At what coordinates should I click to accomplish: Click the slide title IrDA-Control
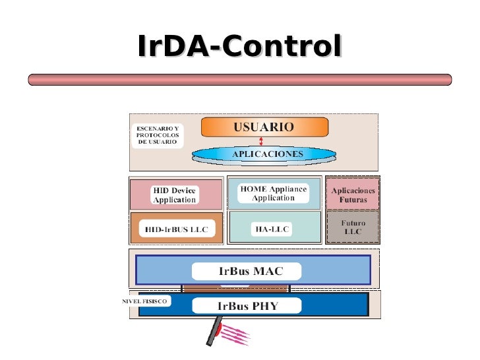click(x=240, y=47)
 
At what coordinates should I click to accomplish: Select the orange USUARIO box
click(x=264, y=127)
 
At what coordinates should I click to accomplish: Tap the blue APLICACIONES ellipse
click(x=264, y=154)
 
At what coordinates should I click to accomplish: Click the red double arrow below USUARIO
click(x=262, y=141)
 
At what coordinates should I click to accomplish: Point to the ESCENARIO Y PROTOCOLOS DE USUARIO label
click(x=157, y=135)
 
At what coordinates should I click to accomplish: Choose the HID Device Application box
click(x=175, y=195)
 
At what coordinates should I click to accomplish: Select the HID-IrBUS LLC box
click(x=175, y=228)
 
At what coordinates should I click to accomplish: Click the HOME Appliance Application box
click(x=273, y=193)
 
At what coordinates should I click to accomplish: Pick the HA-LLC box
click(x=273, y=228)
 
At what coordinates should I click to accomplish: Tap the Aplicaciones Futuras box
click(x=352, y=194)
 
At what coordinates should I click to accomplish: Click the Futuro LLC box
click(x=352, y=227)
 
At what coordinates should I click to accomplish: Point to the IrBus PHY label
click(x=248, y=305)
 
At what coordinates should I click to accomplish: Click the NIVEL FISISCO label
click(x=144, y=301)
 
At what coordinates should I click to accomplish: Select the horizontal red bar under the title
click(x=240, y=80)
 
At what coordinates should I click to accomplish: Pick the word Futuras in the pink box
click(x=353, y=198)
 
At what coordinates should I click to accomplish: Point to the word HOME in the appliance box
click(x=253, y=189)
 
